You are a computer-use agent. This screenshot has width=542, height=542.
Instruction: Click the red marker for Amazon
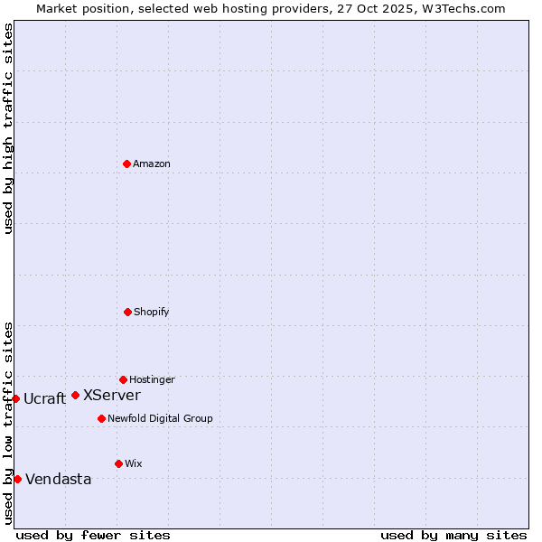(126, 164)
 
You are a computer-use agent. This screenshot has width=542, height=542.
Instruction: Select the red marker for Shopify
(127, 312)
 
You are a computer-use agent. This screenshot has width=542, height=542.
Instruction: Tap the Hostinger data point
(123, 379)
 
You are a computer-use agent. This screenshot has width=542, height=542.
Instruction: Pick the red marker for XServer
(76, 395)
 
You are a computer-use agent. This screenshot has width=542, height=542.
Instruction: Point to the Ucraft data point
(15, 398)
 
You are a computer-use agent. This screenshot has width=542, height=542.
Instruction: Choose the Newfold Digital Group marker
(101, 418)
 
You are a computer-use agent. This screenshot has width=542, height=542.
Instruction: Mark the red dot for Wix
(118, 463)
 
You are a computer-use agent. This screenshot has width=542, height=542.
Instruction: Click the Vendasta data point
(17, 479)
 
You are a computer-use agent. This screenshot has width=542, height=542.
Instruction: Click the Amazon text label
(152, 164)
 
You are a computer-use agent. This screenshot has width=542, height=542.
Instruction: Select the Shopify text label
(152, 312)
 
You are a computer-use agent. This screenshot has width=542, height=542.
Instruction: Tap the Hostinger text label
(152, 379)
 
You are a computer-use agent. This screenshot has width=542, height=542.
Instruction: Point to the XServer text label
(112, 395)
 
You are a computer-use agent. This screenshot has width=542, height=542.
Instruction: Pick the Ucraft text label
(45, 398)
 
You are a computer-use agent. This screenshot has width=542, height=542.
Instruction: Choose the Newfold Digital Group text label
(160, 418)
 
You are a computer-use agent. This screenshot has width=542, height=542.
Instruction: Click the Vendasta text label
(59, 479)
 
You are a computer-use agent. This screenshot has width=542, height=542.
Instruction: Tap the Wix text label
(134, 463)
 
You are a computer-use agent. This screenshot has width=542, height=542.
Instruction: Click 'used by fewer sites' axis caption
(93, 535)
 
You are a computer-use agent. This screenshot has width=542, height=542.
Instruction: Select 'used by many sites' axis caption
(453, 535)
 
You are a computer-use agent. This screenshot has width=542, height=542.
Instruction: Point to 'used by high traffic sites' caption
(8, 128)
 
